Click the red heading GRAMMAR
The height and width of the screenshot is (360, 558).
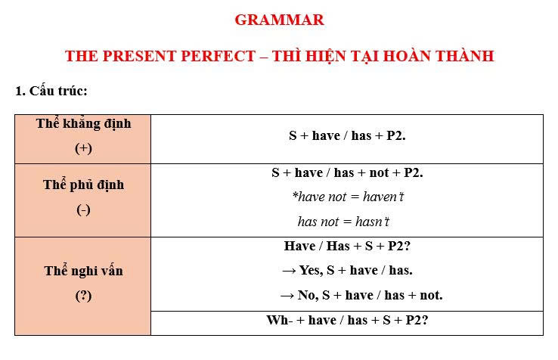pos(279,20)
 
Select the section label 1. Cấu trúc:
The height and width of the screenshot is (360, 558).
pos(51,91)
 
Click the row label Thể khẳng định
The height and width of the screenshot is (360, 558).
pos(84,124)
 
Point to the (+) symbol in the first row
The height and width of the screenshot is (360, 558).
pos(83,147)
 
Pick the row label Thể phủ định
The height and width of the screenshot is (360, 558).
pos(84,185)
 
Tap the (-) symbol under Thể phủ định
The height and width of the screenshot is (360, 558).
pos(83,209)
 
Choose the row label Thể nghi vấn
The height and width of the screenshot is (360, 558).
pos(84,271)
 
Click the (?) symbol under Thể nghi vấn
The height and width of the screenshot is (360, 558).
pos(83,296)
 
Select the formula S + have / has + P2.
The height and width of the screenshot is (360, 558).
pos(347,135)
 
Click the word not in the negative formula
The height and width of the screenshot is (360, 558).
pos(379,172)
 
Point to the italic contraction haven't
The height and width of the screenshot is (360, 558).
pos(383,197)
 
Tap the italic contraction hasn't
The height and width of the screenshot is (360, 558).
pos(372,222)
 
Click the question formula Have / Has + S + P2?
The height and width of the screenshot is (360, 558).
pos(347,246)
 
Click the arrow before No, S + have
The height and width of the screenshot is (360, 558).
pos(287,296)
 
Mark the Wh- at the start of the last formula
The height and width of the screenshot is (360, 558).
pos(279,320)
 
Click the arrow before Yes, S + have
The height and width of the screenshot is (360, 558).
pos(289,272)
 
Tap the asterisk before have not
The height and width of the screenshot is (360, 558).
pos(295,194)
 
